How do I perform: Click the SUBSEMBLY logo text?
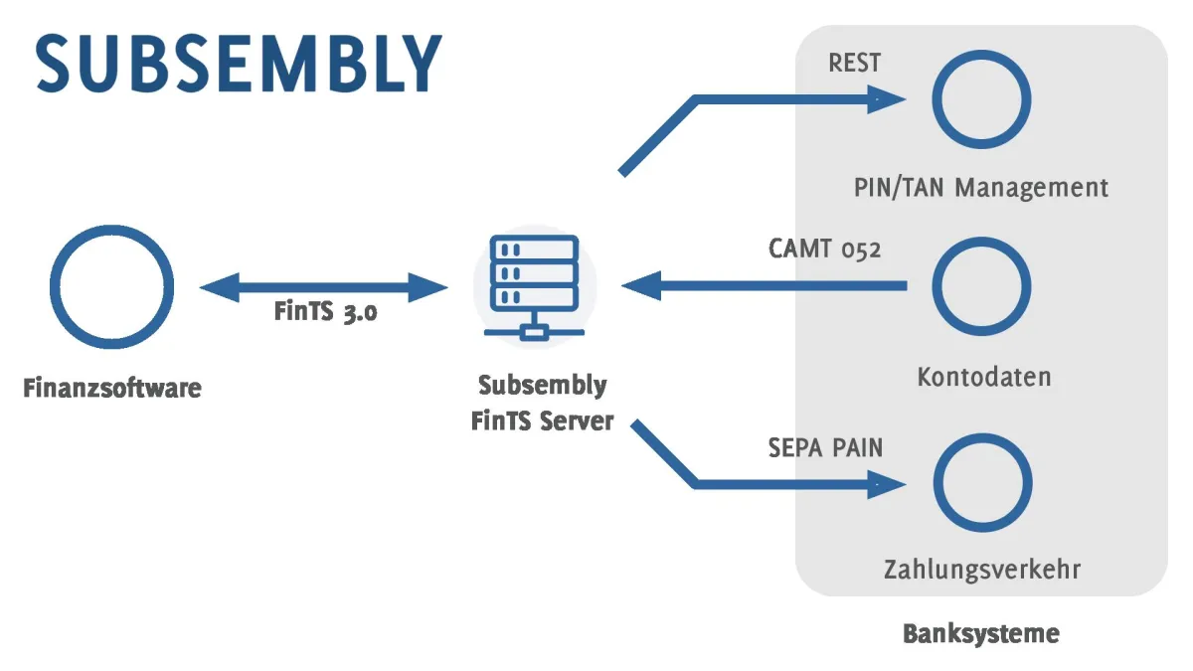point(238,63)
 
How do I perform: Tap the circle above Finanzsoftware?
point(111,287)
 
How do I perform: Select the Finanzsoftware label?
point(111,388)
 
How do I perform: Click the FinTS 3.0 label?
point(326,312)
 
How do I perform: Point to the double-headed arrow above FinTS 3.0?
point(324,288)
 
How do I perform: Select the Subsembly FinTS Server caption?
point(542,403)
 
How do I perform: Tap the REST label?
point(854,63)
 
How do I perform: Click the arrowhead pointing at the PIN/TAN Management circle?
point(885,98)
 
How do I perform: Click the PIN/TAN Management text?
point(980,187)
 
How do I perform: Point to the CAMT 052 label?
point(824,249)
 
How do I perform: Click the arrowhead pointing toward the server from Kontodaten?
point(642,287)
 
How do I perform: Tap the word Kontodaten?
point(983,378)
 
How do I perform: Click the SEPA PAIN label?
point(825,447)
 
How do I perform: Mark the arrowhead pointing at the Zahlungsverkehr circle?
point(885,484)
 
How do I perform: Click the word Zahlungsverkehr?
point(981,570)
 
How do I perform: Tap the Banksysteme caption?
point(980,633)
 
